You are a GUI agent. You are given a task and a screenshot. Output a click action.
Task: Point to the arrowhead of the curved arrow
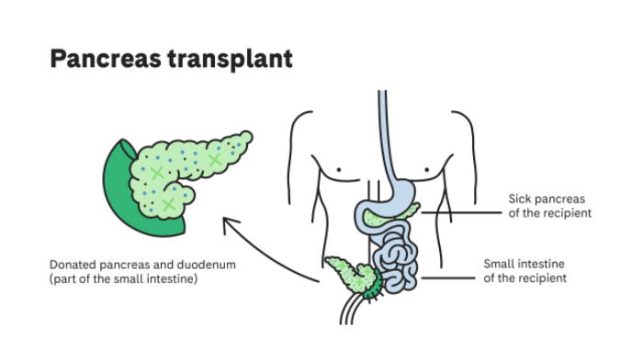click(x=226, y=220)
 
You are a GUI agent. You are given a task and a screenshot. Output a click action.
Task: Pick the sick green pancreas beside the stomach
click(x=405, y=213)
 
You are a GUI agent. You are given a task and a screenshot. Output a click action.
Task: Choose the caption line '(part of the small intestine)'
click(x=124, y=279)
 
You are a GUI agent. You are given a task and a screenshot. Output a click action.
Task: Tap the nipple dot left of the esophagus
click(x=339, y=170)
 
